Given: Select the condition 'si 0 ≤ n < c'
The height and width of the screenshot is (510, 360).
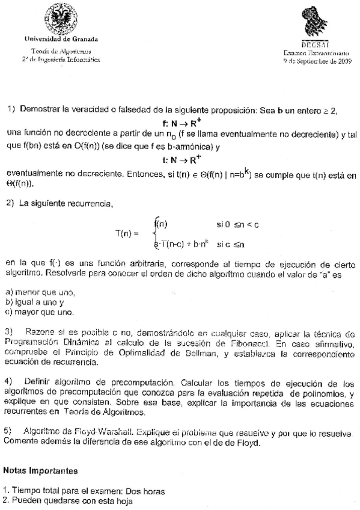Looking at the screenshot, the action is tap(238, 224).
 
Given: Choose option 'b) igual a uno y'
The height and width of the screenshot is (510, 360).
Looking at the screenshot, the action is tap(34, 303).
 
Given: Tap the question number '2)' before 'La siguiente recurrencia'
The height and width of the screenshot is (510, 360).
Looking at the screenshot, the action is tap(10, 204).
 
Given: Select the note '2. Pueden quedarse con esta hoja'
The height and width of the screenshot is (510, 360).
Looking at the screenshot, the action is tap(66, 500).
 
